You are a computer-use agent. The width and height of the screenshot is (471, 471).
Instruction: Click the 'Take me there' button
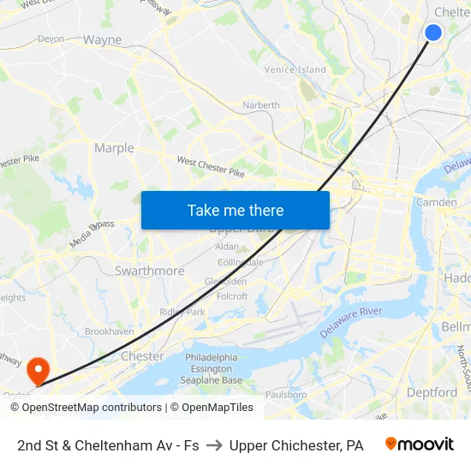tap(235, 210)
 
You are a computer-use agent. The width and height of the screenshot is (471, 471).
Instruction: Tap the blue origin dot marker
tap(433, 33)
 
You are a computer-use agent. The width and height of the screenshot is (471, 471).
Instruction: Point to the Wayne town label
tap(102, 39)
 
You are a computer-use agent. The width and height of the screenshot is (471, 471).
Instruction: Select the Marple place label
tap(114, 148)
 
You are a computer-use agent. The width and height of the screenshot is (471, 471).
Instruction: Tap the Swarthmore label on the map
tap(149, 271)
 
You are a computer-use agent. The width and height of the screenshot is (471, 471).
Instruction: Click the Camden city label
tap(436, 202)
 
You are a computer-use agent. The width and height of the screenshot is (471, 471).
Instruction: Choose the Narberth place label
tap(261, 105)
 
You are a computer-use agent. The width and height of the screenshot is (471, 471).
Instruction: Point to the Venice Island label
tap(295, 69)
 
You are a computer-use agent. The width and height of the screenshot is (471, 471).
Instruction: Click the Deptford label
tap(432, 392)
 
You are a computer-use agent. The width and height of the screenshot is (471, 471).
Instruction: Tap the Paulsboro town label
tap(286, 395)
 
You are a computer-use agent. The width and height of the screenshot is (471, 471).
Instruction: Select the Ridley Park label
tap(182, 312)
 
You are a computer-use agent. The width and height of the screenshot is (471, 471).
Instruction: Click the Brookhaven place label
tap(109, 331)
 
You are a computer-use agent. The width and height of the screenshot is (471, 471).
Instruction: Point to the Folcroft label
tap(232, 296)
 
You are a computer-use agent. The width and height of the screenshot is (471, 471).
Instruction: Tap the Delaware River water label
tap(350, 322)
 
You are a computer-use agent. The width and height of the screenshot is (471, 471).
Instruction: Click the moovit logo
tap(419, 444)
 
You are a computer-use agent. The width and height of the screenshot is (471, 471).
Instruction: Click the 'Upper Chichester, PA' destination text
tap(296, 445)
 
